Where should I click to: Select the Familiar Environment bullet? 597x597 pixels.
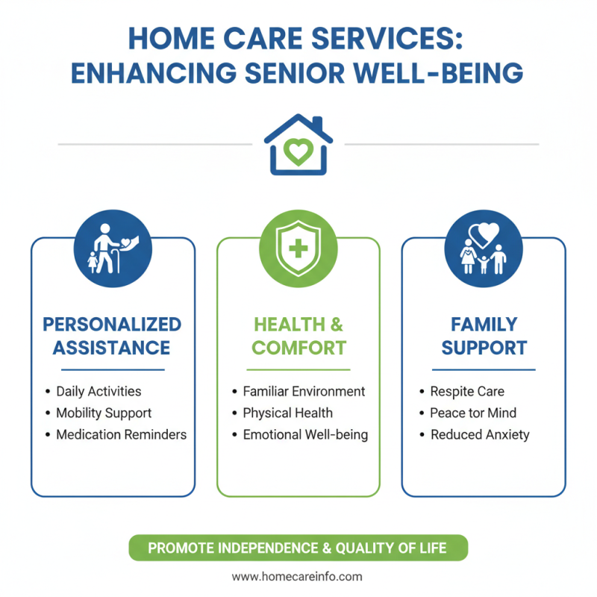(x=304, y=391)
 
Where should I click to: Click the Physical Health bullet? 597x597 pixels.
(x=288, y=413)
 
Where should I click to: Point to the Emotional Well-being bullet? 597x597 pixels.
(x=305, y=434)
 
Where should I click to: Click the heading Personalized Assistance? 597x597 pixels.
(x=112, y=336)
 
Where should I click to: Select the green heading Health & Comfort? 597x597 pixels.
(x=298, y=336)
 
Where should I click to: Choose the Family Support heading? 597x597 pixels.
(x=484, y=336)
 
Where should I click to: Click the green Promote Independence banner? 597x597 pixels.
(x=298, y=548)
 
